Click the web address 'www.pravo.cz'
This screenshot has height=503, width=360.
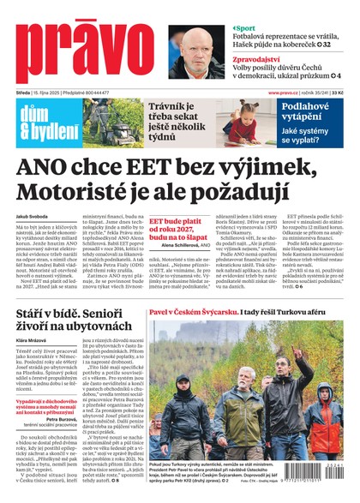pyautogui.click(x=283, y=93)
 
